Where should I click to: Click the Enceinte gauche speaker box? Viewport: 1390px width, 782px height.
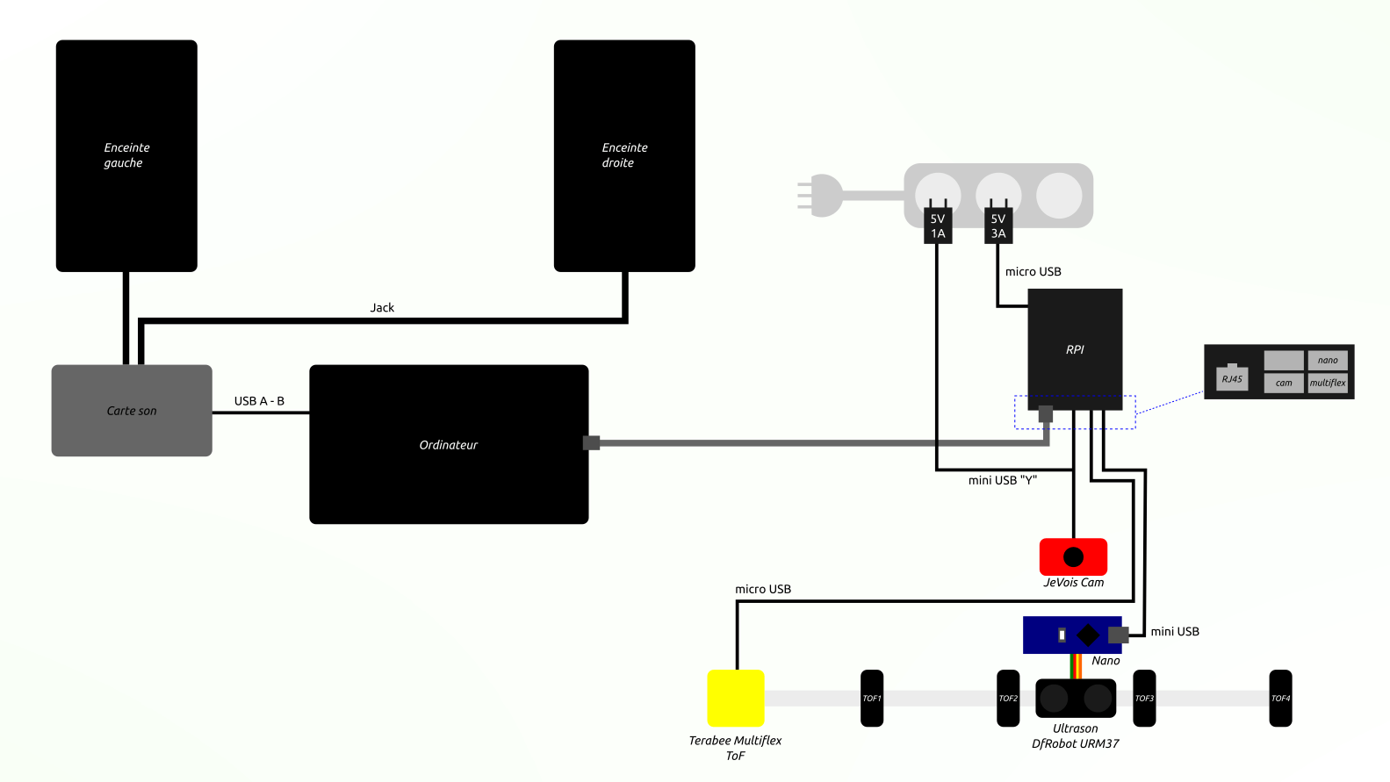coord(126,155)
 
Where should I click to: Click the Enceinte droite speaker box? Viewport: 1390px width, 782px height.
coord(624,155)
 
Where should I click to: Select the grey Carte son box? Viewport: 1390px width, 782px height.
coord(132,410)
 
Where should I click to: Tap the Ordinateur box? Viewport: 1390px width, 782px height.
coord(449,444)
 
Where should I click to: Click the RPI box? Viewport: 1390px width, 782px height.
coord(1075,348)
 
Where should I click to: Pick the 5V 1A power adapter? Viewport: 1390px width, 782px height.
coord(938,226)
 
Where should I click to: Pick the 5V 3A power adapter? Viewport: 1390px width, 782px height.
coord(998,226)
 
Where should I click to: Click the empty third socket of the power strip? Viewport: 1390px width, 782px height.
coord(1059,195)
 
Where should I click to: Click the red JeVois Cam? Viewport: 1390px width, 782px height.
coord(1073,556)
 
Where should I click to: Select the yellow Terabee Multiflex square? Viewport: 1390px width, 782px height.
coord(736,698)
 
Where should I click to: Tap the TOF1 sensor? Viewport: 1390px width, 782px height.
coord(872,698)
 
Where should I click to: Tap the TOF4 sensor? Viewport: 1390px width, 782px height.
coord(1281,698)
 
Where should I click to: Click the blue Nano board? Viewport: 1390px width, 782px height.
coord(1072,635)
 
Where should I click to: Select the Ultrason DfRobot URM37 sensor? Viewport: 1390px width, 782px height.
coord(1076,698)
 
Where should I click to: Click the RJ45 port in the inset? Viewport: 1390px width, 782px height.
coord(1232,378)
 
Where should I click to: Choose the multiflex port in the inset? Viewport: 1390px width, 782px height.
coord(1328,383)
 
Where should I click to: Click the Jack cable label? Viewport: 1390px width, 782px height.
coord(382,307)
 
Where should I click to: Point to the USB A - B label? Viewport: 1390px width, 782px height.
coord(259,400)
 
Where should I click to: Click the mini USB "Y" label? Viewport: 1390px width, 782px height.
coord(1003,480)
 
